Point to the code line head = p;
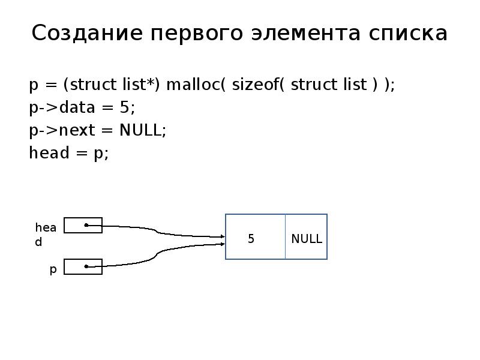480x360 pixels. tap(69, 153)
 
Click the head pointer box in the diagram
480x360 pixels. tap(83, 226)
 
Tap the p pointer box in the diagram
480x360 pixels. tap(83, 266)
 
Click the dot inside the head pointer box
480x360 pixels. tap(86, 226)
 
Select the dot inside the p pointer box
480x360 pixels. tap(86, 266)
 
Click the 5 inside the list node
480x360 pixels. tap(251, 239)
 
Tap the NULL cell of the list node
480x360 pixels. tap(307, 239)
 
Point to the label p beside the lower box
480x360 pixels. tap(53, 270)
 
